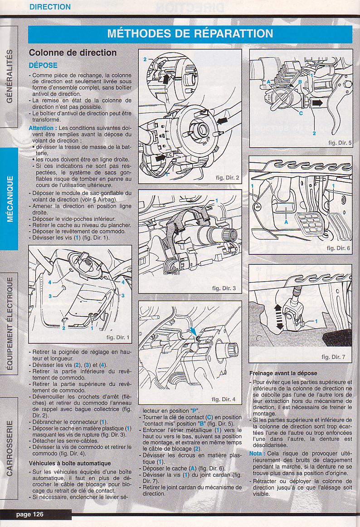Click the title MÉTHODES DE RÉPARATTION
190,34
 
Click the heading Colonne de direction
73,53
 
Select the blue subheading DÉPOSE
43,65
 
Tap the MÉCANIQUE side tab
10,199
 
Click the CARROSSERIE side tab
10,449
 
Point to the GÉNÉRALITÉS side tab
10,77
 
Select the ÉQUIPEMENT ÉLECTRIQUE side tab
10,324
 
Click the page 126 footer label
30,514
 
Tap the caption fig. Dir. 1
117,337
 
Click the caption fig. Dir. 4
224,399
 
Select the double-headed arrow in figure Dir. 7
278,317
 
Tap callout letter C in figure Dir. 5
301,113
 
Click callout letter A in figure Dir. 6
286,222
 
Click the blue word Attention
41,128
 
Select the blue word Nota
257,454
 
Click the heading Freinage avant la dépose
283,373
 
